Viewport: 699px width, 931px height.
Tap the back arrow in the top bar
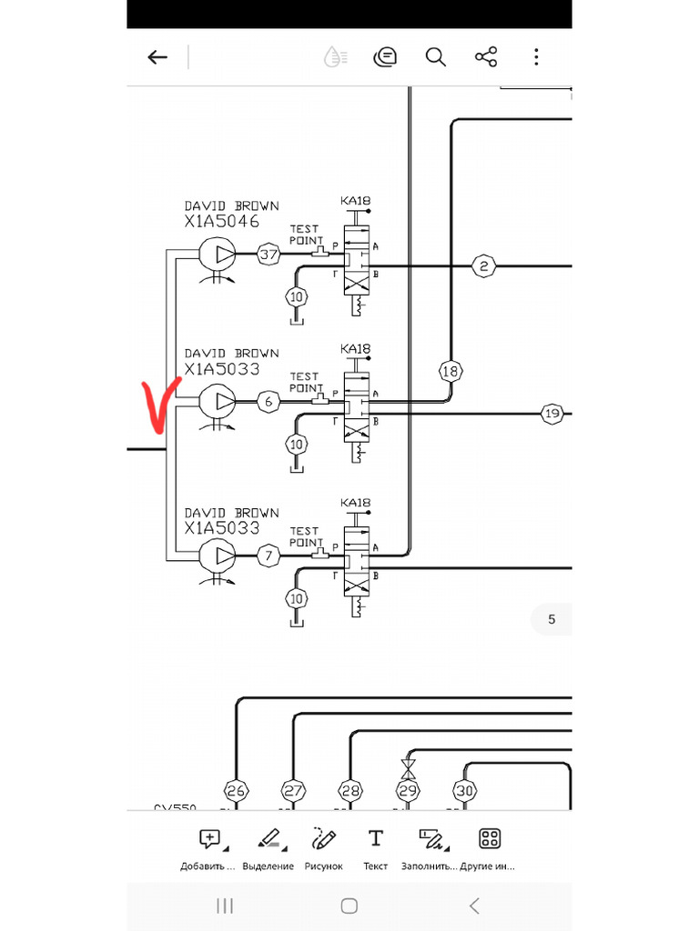tap(157, 57)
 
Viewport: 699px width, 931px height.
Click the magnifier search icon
tap(436, 57)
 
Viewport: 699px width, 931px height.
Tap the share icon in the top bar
tap(486, 57)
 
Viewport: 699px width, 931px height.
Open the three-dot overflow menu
tap(537, 57)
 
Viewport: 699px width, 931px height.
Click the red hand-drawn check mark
tap(157, 405)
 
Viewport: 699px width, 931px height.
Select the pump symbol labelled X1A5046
tap(216, 254)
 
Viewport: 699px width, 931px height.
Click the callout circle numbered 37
tap(268, 255)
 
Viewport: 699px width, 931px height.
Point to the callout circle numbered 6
tap(267, 401)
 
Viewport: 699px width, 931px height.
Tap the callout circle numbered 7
tap(268, 555)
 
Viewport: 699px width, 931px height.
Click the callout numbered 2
tap(483, 265)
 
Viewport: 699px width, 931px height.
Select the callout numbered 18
tap(450, 371)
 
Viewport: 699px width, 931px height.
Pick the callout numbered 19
tap(552, 414)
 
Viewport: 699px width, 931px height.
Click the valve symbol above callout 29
tap(409, 768)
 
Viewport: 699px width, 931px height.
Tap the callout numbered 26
tap(236, 791)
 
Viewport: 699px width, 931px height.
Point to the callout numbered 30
tap(465, 791)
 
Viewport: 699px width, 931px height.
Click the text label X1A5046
tap(221, 221)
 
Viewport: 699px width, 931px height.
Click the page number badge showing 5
tap(551, 620)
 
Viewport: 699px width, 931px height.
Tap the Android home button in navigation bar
tap(349, 906)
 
